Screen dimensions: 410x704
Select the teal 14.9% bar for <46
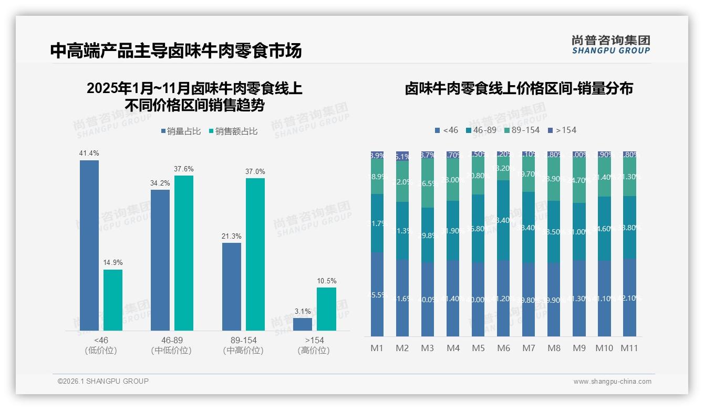(x=113, y=300)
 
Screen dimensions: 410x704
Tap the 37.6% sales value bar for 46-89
(x=184, y=253)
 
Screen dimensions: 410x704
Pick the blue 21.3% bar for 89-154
(x=232, y=286)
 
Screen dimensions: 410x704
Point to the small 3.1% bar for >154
(x=303, y=324)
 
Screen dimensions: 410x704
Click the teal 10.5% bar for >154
(x=326, y=309)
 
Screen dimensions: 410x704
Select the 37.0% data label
(x=255, y=171)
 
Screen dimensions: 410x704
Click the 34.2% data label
(x=160, y=183)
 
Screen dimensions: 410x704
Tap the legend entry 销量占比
(x=181, y=131)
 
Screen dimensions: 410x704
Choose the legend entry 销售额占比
(x=233, y=131)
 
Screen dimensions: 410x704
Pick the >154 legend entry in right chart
(x=562, y=130)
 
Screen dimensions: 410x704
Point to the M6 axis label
(x=503, y=348)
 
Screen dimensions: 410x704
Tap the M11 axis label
(x=629, y=348)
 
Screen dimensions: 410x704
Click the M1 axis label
(x=377, y=348)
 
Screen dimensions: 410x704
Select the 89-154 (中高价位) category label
(x=243, y=345)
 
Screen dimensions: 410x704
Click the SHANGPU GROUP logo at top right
(x=610, y=45)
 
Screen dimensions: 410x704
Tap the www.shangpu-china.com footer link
(x=612, y=382)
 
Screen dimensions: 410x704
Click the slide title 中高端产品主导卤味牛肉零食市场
(x=176, y=51)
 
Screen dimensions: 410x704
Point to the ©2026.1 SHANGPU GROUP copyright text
(x=103, y=381)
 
